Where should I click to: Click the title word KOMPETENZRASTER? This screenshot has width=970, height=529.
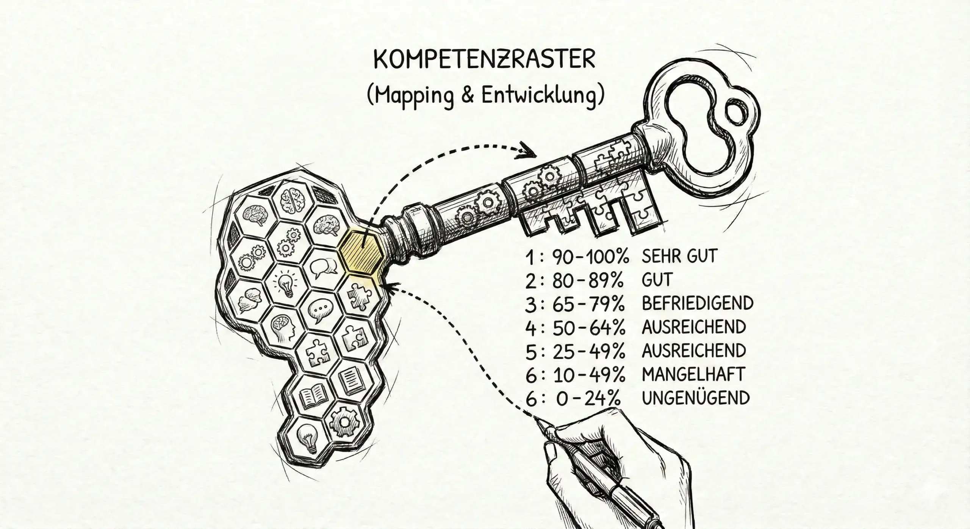[484, 60]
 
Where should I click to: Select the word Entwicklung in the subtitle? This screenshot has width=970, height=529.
[540, 96]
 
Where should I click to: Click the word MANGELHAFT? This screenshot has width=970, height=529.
[693, 374]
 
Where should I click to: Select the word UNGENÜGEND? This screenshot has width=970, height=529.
[696, 398]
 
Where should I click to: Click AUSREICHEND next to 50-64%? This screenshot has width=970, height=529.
[694, 327]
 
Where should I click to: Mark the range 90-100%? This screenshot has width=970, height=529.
[591, 257]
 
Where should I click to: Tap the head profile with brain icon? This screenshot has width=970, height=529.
[284, 327]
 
